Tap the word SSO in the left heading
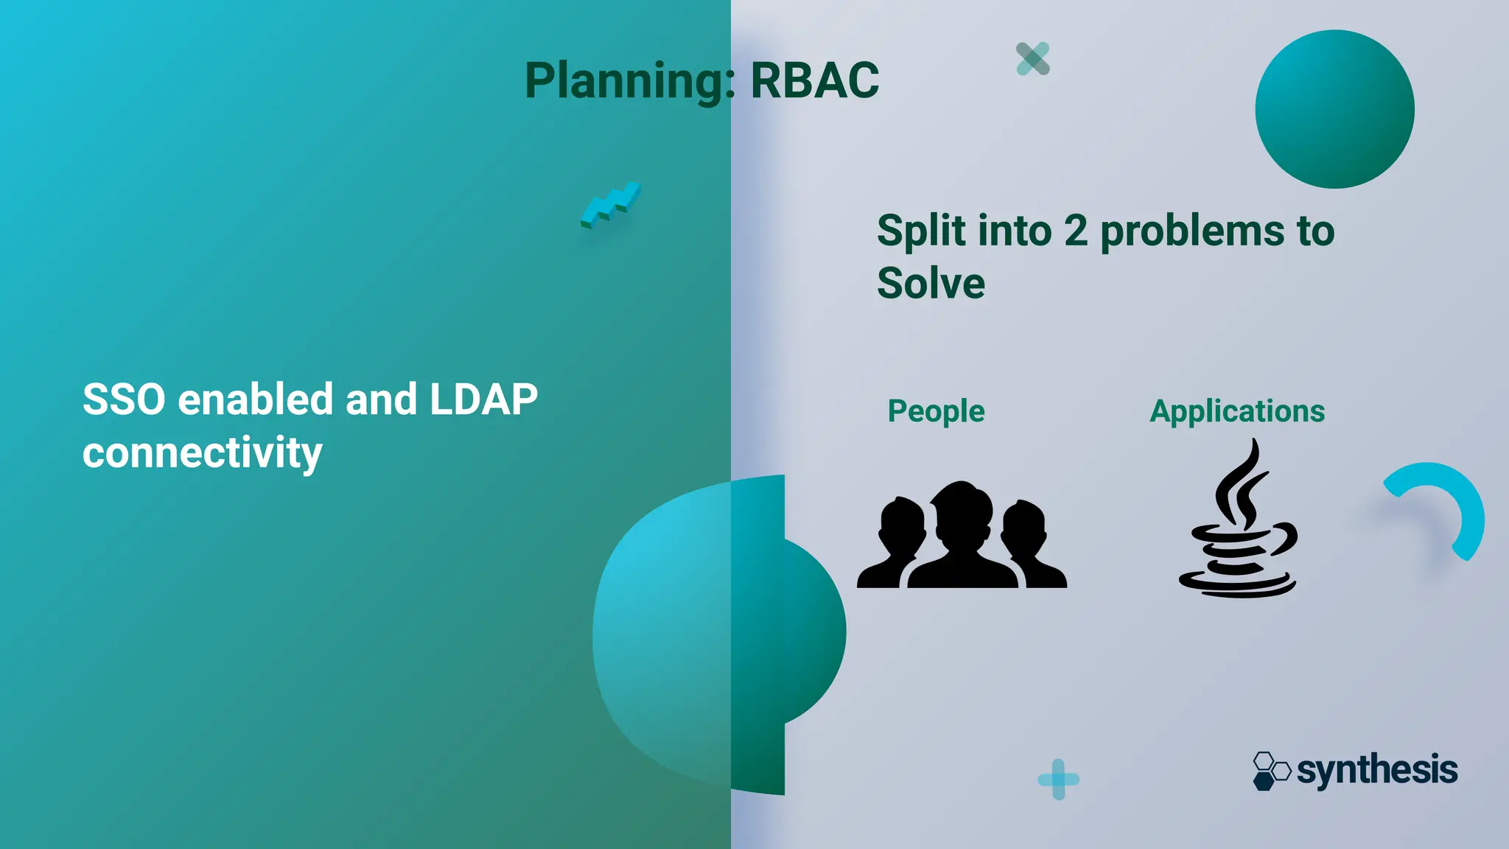124,399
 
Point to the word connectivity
202,453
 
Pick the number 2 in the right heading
1075,231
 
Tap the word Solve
931,284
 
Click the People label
936,411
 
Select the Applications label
1237,411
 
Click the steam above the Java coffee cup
1242,486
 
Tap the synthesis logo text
1376,770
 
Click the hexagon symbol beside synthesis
1270,771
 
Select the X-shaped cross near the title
1032,59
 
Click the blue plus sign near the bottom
1058,779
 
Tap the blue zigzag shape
611,204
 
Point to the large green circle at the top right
1334,109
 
